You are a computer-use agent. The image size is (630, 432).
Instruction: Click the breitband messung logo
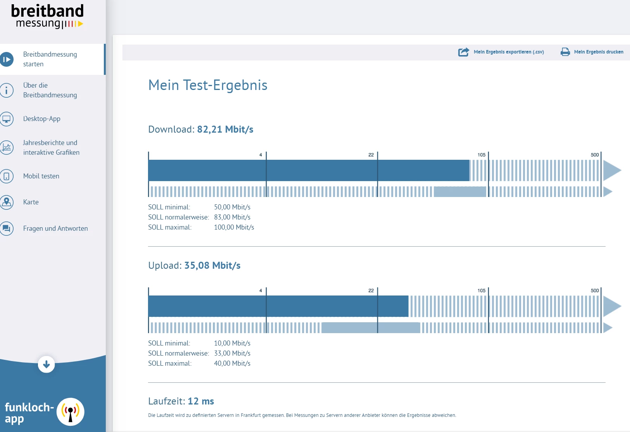(x=47, y=16)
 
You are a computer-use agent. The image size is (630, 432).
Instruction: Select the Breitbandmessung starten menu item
(x=50, y=59)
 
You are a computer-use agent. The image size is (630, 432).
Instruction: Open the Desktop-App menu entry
(x=41, y=119)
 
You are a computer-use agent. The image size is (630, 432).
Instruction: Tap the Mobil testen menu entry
(x=41, y=176)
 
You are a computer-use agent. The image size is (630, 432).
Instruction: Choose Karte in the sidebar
(x=31, y=202)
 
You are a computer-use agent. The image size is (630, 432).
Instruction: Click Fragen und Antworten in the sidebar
(x=55, y=228)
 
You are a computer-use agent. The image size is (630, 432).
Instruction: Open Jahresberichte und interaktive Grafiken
(x=51, y=148)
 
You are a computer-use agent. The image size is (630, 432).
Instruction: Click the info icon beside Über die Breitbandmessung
(x=7, y=90)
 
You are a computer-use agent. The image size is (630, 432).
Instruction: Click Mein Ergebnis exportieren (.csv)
(x=508, y=52)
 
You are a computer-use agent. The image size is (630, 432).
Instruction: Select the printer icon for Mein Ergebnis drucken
(x=565, y=52)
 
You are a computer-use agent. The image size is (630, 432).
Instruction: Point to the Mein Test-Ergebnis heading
(x=208, y=85)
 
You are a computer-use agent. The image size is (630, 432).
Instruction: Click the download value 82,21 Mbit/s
(x=225, y=130)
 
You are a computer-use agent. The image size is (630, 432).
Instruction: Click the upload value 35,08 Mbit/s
(x=212, y=266)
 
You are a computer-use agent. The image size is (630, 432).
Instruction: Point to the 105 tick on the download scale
(x=481, y=155)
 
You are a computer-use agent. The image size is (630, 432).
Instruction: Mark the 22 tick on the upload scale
(x=371, y=290)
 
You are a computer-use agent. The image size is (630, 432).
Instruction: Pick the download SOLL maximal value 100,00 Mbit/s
(x=234, y=227)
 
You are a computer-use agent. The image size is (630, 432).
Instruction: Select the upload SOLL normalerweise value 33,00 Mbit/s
(x=232, y=353)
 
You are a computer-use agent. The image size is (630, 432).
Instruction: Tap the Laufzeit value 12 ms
(x=201, y=401)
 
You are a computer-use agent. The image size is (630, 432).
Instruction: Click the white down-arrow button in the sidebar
(x=46, y=365)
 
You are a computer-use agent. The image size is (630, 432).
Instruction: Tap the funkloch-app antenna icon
(x=71, y=412)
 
